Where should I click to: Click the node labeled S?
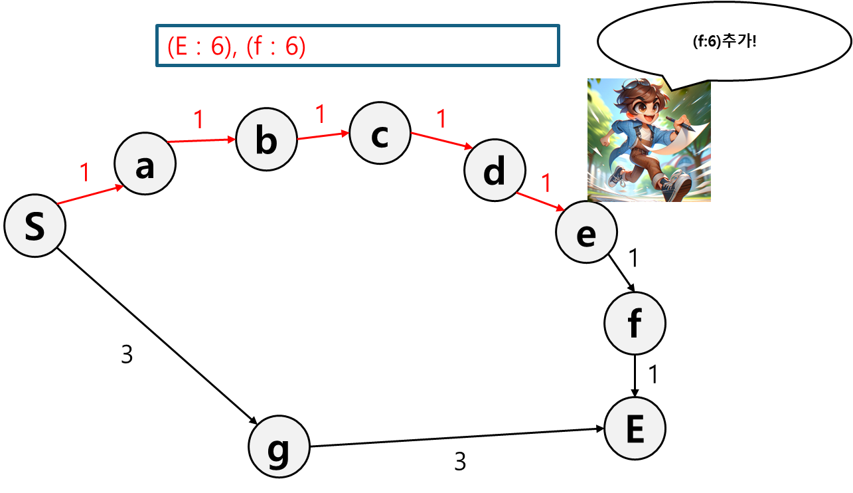(x=35, y=226)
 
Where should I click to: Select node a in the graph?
(x=145, y=165)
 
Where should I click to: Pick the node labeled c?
(x=380, y=134)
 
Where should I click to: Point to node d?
(x=495, y=171)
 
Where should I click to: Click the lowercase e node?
(x=586, y=233)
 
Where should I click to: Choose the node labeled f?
(x=635, y=324)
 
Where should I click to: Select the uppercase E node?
(x=635, y=429)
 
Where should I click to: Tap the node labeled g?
(x=279, y=447)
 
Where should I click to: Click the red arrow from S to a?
(x=91, y=195)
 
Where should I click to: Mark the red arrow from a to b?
(x=202, y=140)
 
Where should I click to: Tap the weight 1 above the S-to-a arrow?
(x=84, y=173)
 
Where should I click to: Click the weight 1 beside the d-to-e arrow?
(x=546, y=183)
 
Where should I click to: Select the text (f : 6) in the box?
(x=275, y=47)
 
